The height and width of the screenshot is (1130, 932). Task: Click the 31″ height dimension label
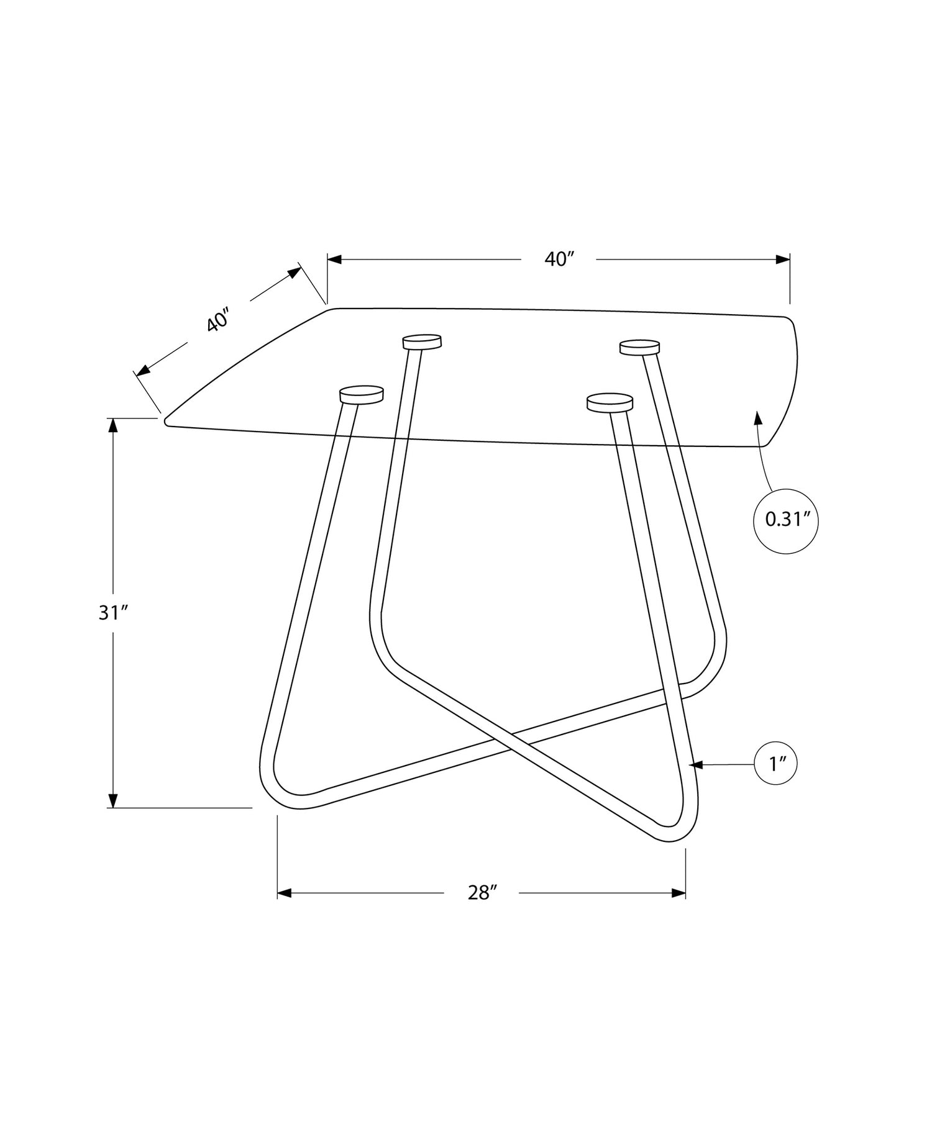coord(113,613)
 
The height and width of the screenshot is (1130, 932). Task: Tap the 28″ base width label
coord(483,893)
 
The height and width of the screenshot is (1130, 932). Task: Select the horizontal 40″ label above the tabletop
coord(558,259)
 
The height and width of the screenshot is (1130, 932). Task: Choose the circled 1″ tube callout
coord(775,764)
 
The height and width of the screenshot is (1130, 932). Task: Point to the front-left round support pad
coord(362,394)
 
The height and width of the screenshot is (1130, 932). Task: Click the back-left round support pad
coord(422,341)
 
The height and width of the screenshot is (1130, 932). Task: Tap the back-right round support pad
coord(639,347)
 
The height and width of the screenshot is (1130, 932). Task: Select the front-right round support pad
coord(610,402)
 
